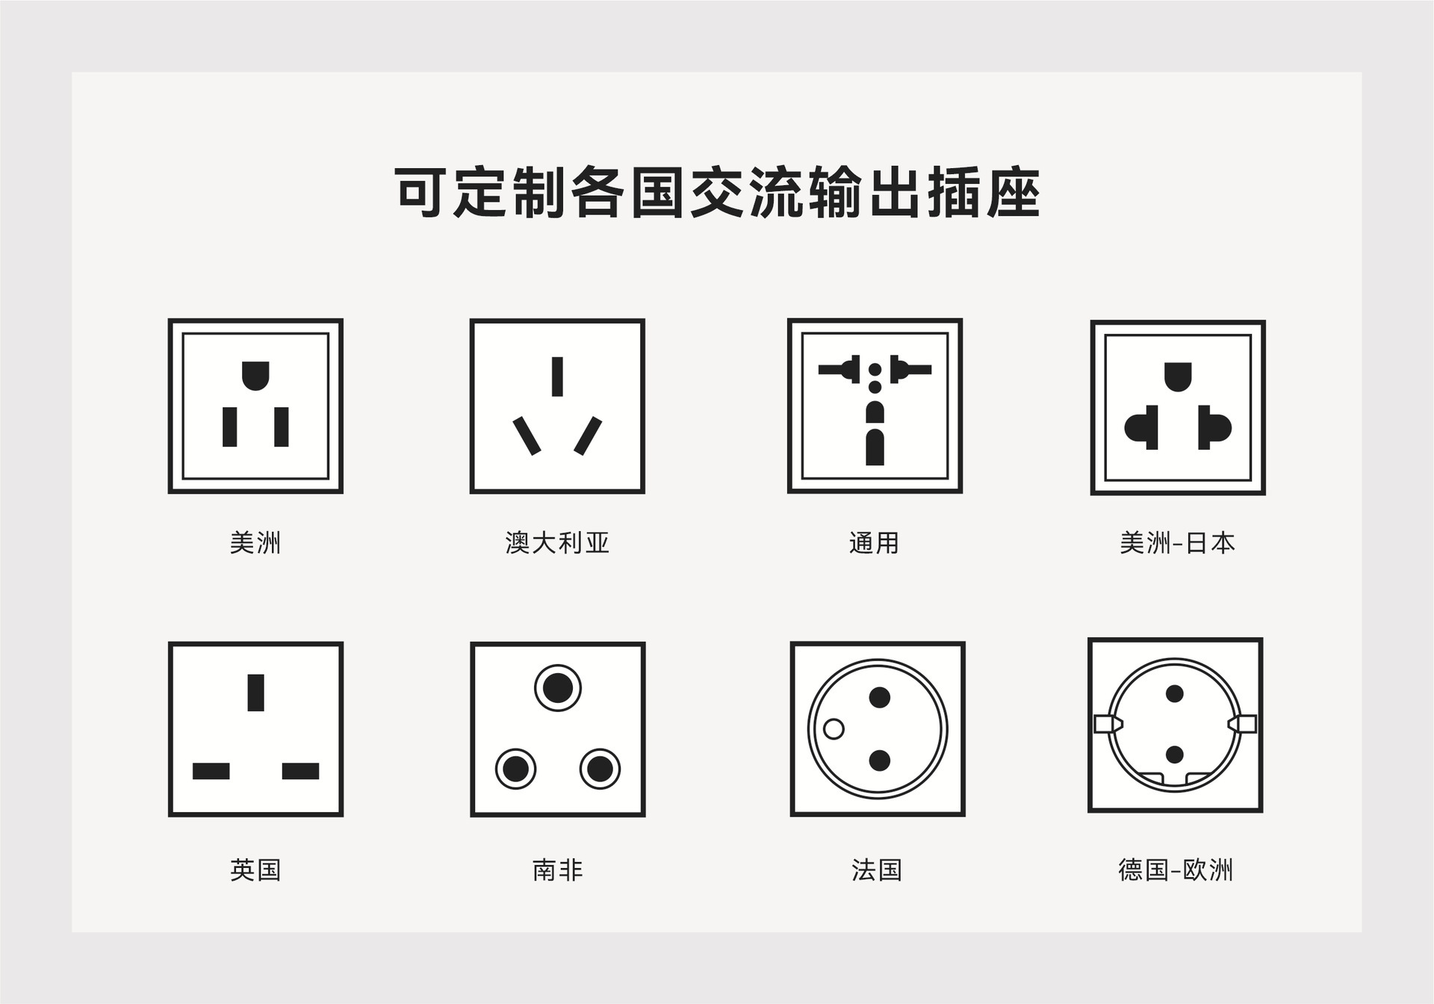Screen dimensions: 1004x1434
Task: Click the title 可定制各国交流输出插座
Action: [717, 193]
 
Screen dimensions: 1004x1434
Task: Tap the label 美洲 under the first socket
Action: [255, 542]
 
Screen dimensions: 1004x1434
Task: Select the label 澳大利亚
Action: [557, 542]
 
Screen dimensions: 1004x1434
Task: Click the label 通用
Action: [874, 542]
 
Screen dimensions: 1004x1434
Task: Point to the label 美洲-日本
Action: [1177, 542]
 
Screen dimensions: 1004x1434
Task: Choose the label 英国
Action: [255, 870]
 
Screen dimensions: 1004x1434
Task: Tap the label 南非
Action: [557, 870]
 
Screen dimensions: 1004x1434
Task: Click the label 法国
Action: [877, 870]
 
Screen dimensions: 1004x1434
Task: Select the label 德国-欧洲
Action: [1176, 870]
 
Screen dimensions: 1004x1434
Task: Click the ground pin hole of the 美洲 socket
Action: [255, 375]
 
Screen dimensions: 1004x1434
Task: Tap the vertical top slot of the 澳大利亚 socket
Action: [557, 376]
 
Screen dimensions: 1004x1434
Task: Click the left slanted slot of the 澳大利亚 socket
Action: [527, 436]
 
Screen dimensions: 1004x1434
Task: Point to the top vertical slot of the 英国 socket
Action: [255, 692]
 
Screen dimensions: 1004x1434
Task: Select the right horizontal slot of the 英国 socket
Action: [300, 771]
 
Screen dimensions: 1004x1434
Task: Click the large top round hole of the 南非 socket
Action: [557, 688]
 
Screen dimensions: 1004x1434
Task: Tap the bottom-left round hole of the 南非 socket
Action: [515, 768]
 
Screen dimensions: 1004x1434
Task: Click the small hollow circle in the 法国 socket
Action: [834, 728]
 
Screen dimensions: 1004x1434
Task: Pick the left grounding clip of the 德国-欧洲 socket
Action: [1108, 723]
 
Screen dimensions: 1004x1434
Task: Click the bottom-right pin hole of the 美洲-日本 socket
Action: [1214, 428]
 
